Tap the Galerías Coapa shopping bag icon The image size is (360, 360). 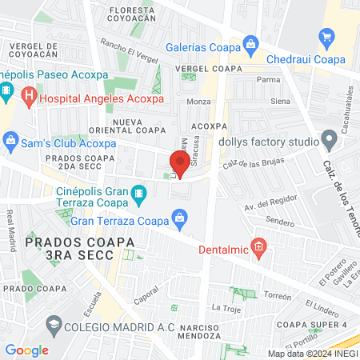click(x=251, y=42)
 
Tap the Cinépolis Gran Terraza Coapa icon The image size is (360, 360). click(x=139, y=193)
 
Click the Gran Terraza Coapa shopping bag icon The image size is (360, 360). click(x=181, y=217)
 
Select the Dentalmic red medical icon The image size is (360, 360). click(x=258, y=246)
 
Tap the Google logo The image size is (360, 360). click(x=26, y=350)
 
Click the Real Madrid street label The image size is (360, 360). click(x=11, y=230)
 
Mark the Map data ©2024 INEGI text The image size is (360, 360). click(x=313, y=353)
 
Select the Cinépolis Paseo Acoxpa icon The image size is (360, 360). click(x=6, y=90)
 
